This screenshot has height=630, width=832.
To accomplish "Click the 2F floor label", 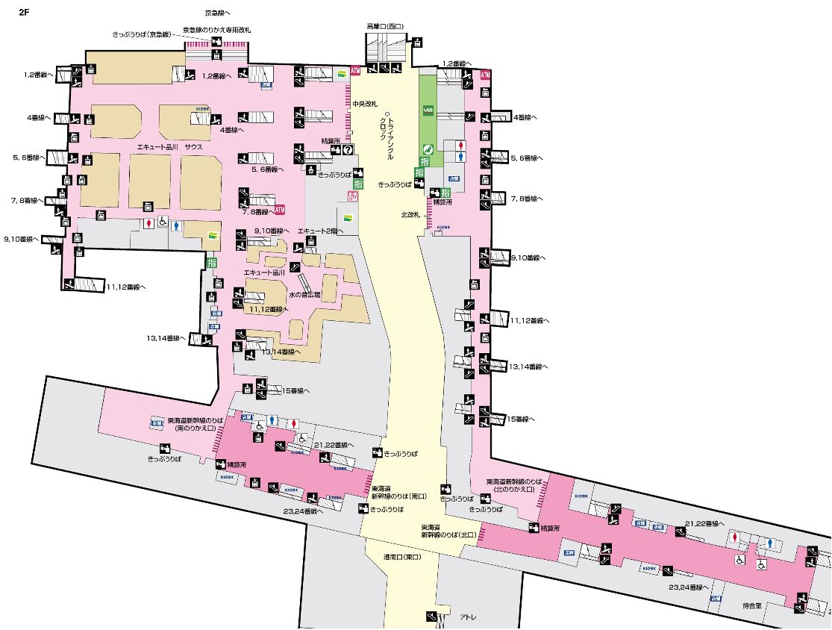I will pyautogui.click(x=23, y=12).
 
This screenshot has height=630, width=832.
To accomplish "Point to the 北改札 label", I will pyautogui.click(x=411, y=214).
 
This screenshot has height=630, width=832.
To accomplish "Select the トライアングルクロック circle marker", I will pyautogui.click(x=388, y=114).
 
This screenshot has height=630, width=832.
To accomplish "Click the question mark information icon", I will pyautogui.click(x=347, y=149).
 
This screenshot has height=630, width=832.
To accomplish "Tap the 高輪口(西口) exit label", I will pyautogui.click(x=384, y=26).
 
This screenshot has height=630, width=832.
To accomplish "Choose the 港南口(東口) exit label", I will pyautogui.click(x=403, y=557).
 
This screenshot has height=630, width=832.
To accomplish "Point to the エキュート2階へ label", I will pyautogui.click(x=321, y=231).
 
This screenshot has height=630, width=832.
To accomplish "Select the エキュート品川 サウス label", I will pyautogui.click(x=169, y=147).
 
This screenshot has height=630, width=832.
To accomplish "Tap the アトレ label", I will pyautogui.click(x=468, y=616).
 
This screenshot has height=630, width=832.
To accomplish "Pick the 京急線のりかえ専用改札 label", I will pyautogui.click(x=216, y=30).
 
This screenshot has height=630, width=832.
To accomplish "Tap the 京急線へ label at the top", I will pyautogui.click(x=217, y=13).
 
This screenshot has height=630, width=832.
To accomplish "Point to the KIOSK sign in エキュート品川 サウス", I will pyautogui.click(x=202, y=107).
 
